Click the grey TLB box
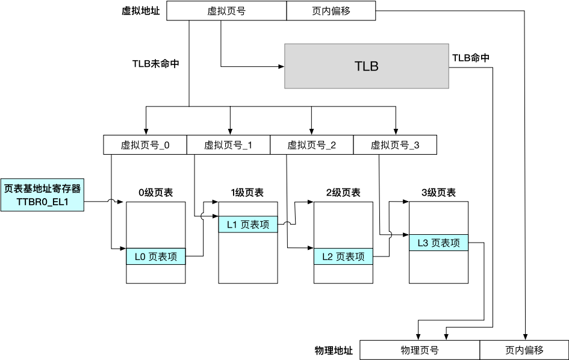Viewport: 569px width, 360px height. [x=367, y=66]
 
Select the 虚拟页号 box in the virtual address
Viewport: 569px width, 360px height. [x=226, y=11]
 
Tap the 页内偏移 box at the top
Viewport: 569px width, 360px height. [x=331, y=11]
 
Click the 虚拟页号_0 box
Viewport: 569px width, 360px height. [x=145, y=145]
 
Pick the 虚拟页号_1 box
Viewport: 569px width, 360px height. [x=228, y=145]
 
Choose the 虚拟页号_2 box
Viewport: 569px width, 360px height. [x=311, y=145]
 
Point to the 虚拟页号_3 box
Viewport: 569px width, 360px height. [x=394, y=145]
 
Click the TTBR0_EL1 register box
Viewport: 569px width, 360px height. [x=42, y=194]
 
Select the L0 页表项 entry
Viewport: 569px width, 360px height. [x=156, y=256]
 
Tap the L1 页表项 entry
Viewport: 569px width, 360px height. [x=247, y=225]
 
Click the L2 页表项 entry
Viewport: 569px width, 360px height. [x=343, y=256]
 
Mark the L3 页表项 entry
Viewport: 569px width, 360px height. [x=438, y=243]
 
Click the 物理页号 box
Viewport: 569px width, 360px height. [x=419, y=350]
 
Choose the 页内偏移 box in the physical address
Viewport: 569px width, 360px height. [x=524, y=350]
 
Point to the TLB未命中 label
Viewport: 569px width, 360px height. [x=156, y=63]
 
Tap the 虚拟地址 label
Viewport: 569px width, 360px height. [x=141, y=11]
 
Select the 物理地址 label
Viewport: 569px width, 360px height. [x=334, y=350]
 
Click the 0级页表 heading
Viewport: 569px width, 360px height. [x=156, y=193]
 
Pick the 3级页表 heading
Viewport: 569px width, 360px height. [x=438, y=193]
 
